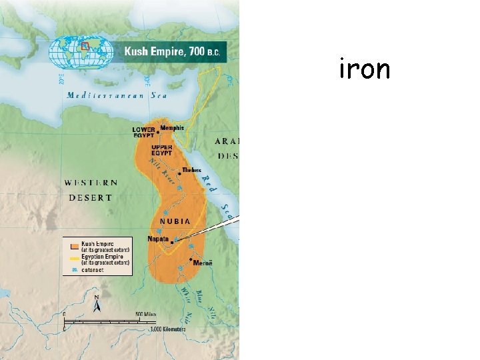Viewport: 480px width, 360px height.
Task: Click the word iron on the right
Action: tap(364, 69)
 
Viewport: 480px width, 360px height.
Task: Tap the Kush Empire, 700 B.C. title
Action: tap(173, 51)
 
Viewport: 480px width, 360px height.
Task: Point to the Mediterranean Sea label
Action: tap(117, 95)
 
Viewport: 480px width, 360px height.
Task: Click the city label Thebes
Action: tap(191, 170)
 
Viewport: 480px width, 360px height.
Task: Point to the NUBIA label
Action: tap(175, 221)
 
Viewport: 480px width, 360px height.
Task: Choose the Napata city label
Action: tap(157, 238)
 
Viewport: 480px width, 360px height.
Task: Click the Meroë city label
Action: tap(204, 263)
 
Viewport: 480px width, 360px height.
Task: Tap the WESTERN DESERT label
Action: tap(91, 190)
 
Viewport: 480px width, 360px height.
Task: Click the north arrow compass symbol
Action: tap(97, 304)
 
